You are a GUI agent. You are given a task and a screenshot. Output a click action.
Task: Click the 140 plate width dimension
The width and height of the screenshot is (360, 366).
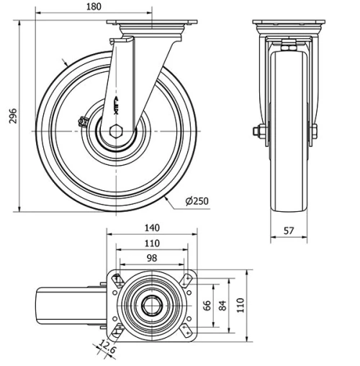click(x=151, y=228)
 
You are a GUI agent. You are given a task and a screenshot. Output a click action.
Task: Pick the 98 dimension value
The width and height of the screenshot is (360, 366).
click(x=151, y=257)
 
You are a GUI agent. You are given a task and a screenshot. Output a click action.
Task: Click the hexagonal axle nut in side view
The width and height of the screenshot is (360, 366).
click(x=117, y=130)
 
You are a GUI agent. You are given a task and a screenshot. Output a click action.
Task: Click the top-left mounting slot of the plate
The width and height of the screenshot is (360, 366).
click(x=117, y=279)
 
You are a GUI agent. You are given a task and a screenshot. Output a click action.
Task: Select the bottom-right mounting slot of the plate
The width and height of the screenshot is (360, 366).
click(x=186, y=331)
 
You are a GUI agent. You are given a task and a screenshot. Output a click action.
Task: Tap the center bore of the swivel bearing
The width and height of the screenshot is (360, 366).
click(x=151, y=305)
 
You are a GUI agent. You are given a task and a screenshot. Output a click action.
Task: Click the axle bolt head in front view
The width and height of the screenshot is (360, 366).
click(x=256, y=131)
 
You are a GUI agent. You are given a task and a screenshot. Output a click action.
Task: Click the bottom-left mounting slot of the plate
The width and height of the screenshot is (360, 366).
click(x=117, y=331)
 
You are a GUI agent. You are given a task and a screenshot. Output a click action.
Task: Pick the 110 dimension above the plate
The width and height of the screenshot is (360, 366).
click(x=151, y=243)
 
